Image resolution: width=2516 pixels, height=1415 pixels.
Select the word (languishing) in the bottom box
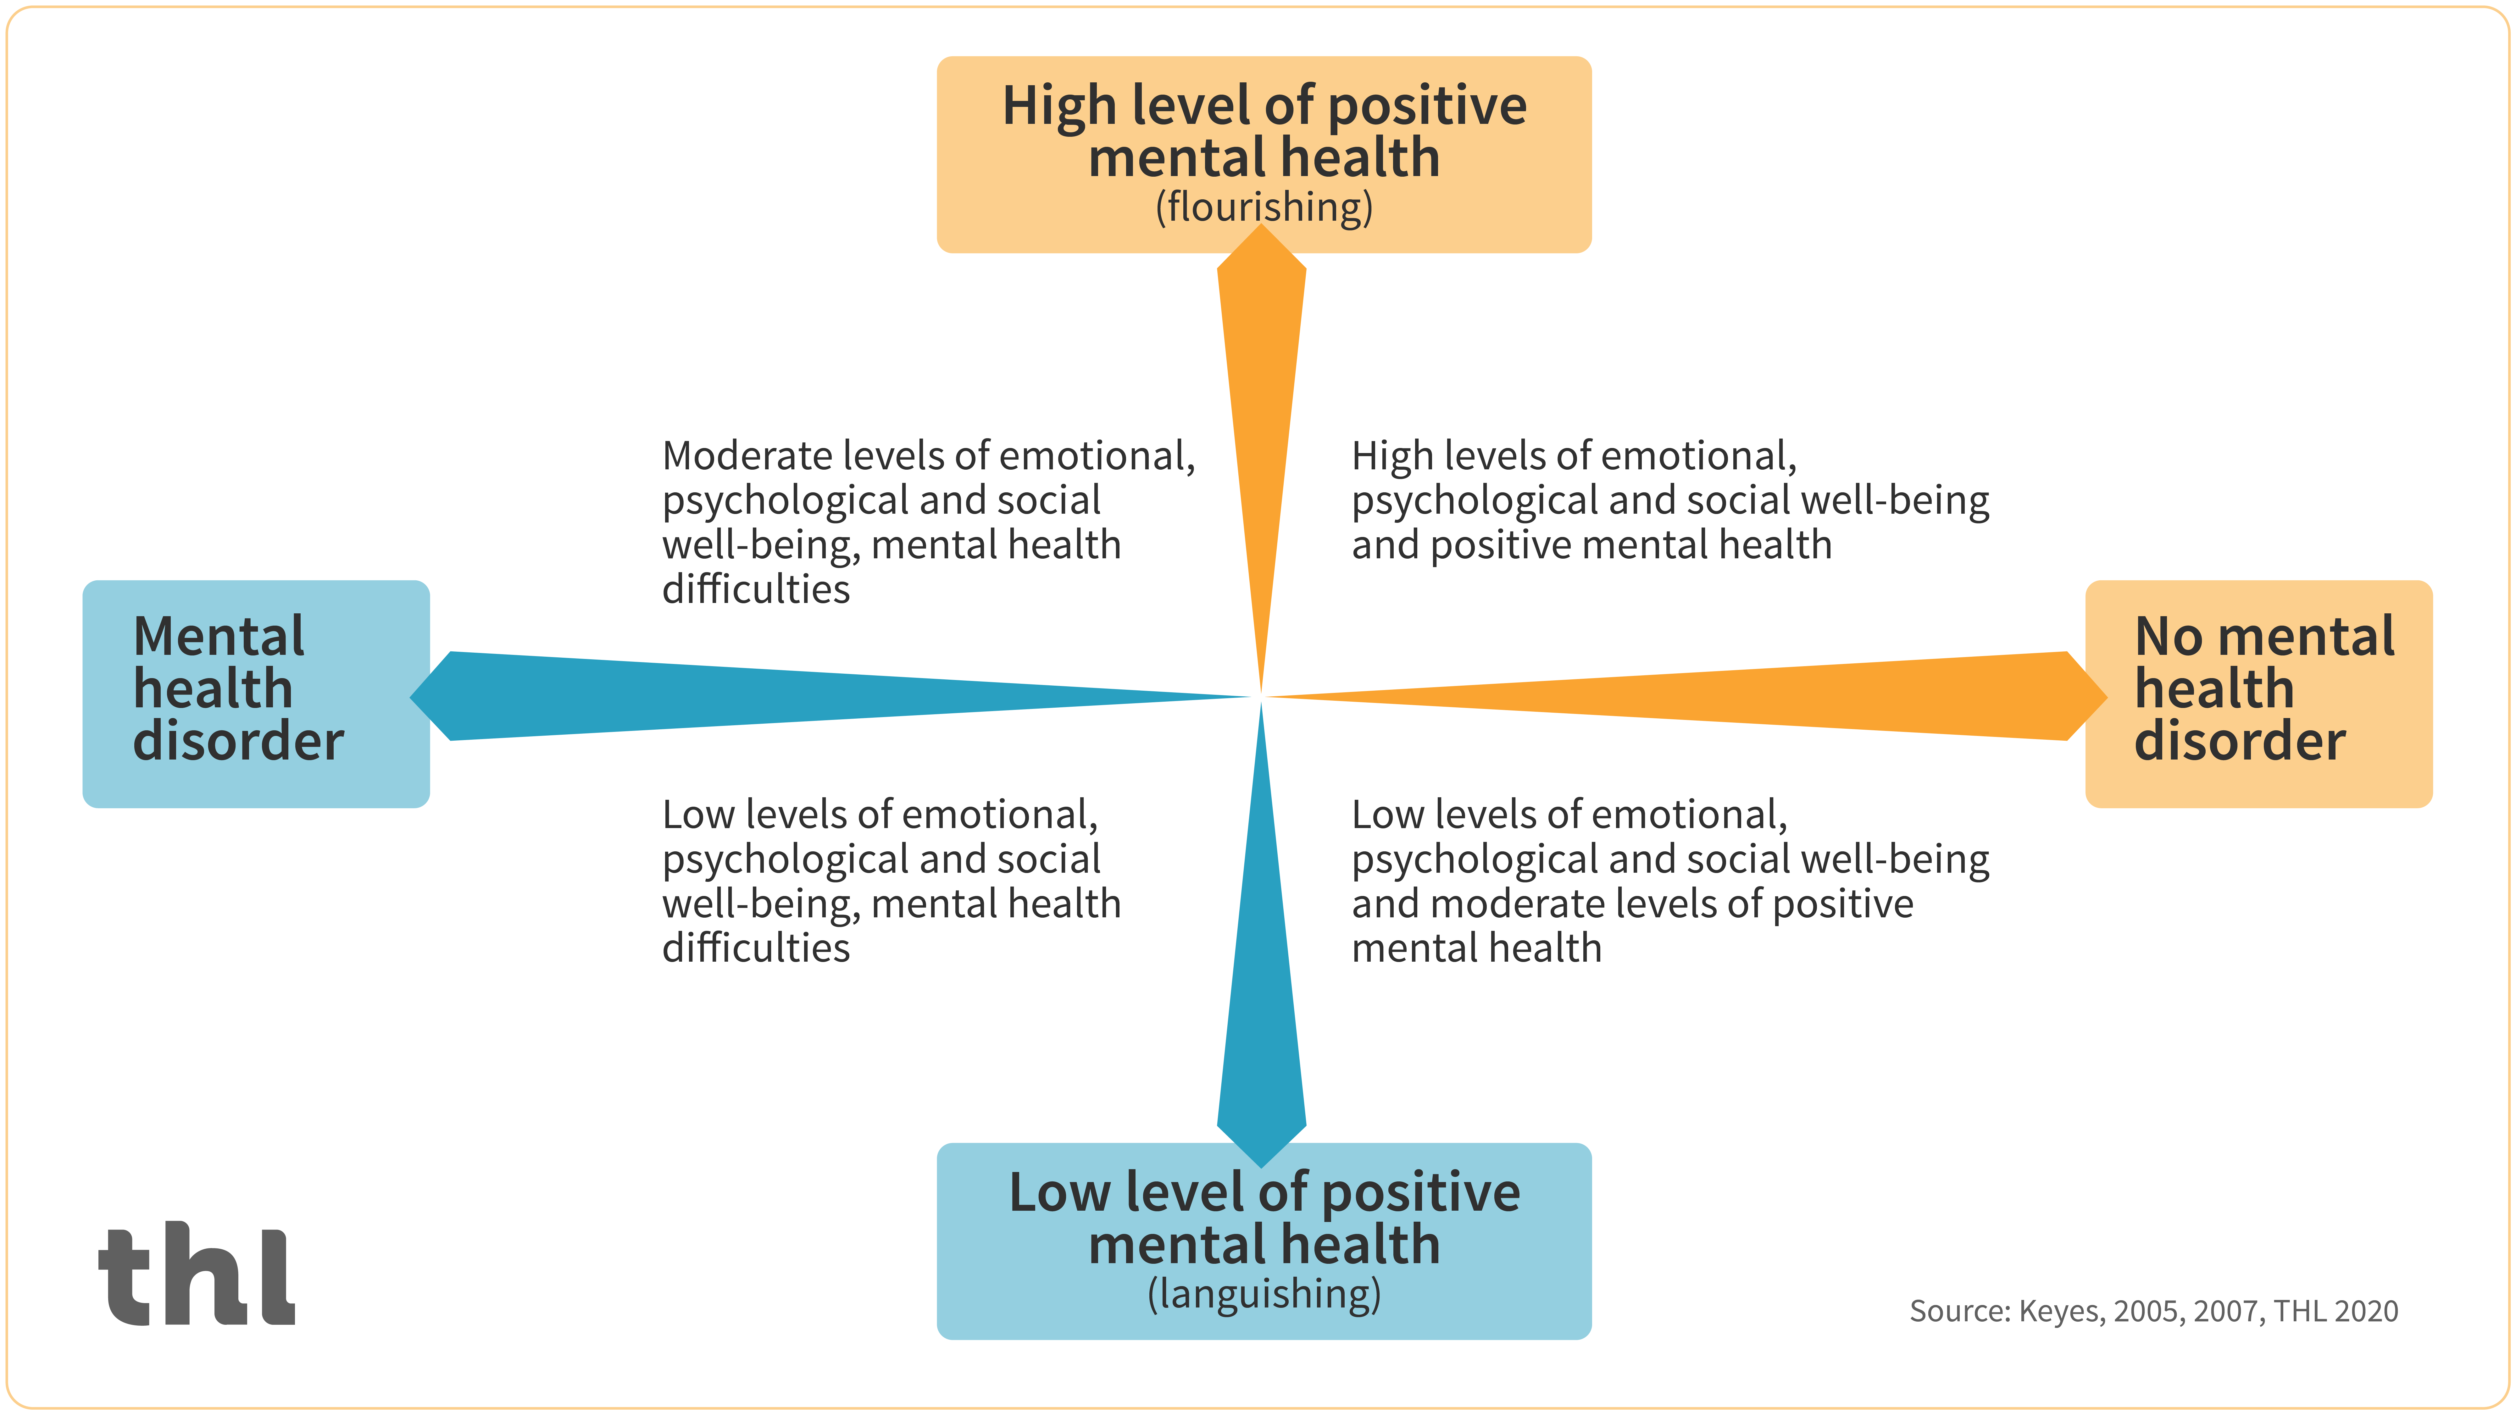(x=1264, y=1294)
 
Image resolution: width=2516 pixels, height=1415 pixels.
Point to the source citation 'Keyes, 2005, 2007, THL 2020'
(x=2208, y=1311)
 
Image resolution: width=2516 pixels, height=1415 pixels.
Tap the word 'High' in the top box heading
(x=1059, y=107)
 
